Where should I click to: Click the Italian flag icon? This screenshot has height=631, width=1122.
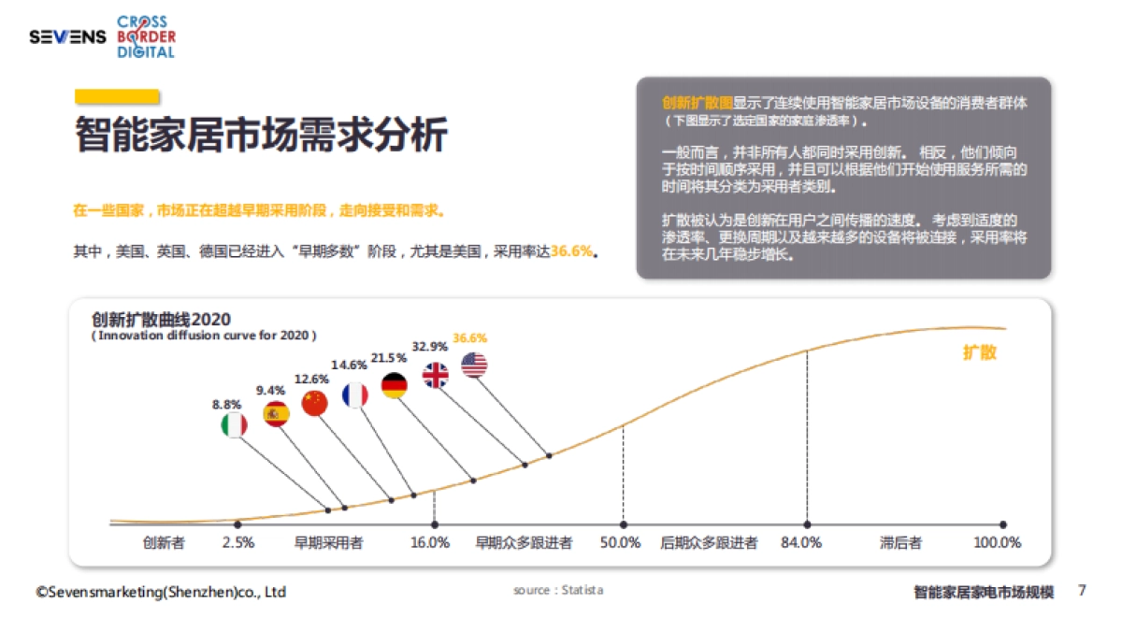[x=234, y=426]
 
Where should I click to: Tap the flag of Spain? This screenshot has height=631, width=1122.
[x=276, y=414]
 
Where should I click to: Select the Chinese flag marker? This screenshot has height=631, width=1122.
[x=315, y=404]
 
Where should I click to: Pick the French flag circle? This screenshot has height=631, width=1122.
[x=355, y=395]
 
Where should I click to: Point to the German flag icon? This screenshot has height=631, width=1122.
[x=395, y=385]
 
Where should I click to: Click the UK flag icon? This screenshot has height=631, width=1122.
[x=436, y=375]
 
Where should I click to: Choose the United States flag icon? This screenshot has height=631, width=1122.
[x=474, y=366]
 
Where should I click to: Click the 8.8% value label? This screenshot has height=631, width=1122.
[x=227, y=405]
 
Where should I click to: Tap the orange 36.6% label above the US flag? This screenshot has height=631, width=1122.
[x=469, y=337]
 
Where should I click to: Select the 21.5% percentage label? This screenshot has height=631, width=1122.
[x=389, y=358]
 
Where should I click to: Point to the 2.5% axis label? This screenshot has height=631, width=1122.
[x=238, y=542]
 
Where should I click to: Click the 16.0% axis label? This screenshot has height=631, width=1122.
[x=430, y=542]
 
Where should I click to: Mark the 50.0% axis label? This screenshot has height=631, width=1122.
[x=621, y=542]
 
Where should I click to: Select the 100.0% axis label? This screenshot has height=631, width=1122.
[x=998, y=542]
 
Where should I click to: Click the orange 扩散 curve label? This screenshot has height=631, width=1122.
[x=980, y=352]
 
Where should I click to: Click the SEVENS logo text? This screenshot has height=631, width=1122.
[x=67, y=37]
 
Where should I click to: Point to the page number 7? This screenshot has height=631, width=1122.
[x=1082, y=591]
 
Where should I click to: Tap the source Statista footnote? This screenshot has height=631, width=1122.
[x=558, y=591]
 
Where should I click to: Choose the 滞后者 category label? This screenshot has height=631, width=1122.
[x=900, y=542]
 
